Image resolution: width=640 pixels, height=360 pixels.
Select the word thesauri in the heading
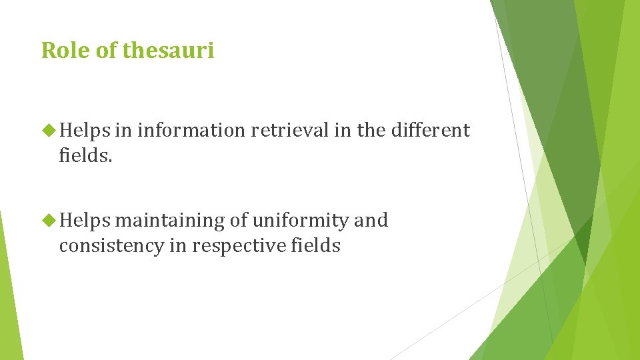[169, 50]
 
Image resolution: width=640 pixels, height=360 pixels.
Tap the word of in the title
[107, 50]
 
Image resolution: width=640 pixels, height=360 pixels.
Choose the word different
[430, 131]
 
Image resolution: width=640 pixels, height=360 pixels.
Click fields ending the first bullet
[81, 157]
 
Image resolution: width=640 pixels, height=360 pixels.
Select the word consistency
[111, 247]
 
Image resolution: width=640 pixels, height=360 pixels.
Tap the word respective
[239, 247]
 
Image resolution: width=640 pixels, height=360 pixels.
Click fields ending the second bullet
[316, 247]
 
